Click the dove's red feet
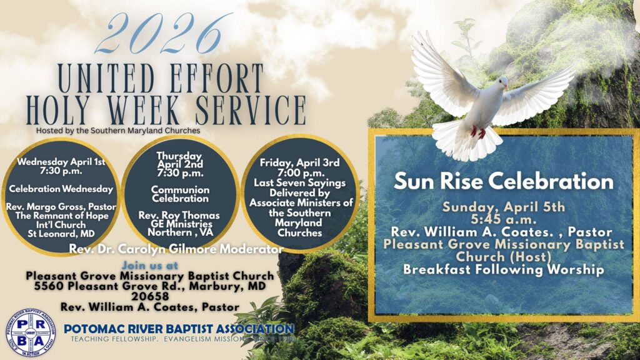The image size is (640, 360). (x=478, y=132)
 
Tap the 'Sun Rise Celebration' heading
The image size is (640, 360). (x=503, y=181)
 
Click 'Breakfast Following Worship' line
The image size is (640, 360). (x=503, y=270)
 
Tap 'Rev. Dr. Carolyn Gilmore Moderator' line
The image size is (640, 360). (x=176, y=249)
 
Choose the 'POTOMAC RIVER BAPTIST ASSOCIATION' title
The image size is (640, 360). (x=179, y=329)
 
